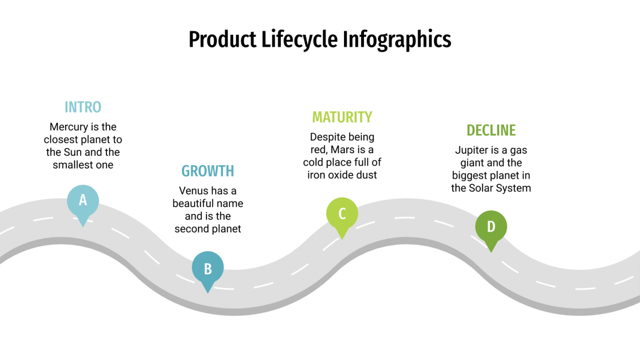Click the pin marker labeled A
click(83, 201)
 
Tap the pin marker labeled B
click(207, 268)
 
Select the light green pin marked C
click(342, 214)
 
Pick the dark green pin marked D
click(491, 226)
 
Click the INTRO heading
click(83, 107)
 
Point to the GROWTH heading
click(207, 171)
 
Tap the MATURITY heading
click(342, 117)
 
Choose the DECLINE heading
click(491, 130)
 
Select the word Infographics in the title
click(397, 39)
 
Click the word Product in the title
click(222, 39)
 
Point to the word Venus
click(194, 191)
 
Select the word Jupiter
click(471, 150)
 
